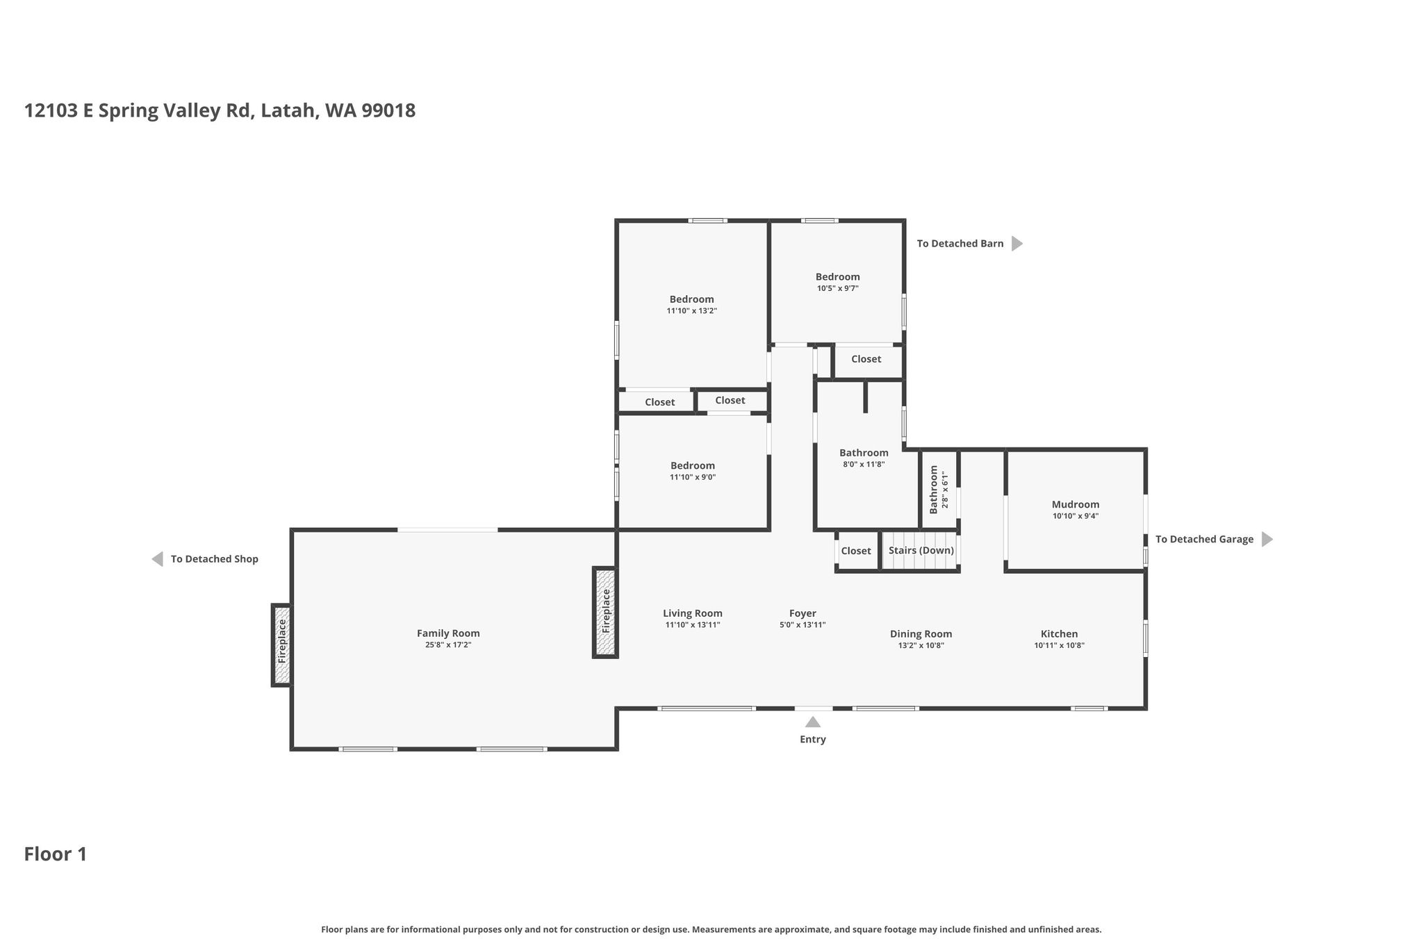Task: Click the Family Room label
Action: point(448,633)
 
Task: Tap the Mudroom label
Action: point(1076,505)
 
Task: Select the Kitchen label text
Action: point(1059,634)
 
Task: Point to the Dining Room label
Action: point(921,634)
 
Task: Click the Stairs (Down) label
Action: point(921,551)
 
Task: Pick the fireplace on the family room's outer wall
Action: point(281,645)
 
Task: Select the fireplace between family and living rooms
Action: point(605,612)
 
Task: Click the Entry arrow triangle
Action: point(812,722)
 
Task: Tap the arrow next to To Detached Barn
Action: point(1017,244)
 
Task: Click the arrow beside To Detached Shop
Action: point(158,559)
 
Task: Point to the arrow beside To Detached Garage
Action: point(1267,540)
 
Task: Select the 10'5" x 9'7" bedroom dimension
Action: point(838,288)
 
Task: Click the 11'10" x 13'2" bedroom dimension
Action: point(692,311)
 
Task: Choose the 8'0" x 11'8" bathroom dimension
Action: point(864,465)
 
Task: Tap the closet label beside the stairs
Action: point(856,551)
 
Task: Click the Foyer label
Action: point(803,613)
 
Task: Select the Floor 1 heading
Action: point(56,854)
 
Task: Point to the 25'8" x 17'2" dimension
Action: point(448,645)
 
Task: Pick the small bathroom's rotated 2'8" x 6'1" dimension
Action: point(944,490)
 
